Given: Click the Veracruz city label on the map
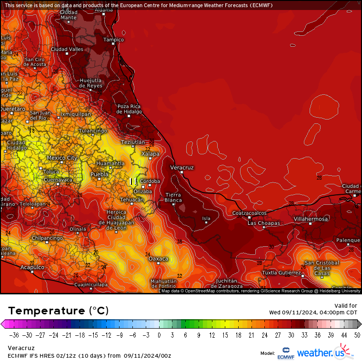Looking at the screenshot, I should (182, 168).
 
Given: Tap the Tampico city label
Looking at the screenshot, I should (113, 40).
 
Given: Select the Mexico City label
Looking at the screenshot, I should (62, 158).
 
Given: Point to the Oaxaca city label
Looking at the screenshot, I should (159, 259).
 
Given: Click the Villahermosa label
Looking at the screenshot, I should (311, 219).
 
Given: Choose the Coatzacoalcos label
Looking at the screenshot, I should (249, 213).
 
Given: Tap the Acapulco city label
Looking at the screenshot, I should (32, 267).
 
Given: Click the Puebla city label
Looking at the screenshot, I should (100, 175).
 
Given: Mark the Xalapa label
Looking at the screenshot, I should (151, 154).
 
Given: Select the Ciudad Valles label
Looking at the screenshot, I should (67, 49).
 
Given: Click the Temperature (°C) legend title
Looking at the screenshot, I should (58, 311).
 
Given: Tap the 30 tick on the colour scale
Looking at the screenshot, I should (291, 335).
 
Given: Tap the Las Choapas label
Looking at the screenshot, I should (263, 223).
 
